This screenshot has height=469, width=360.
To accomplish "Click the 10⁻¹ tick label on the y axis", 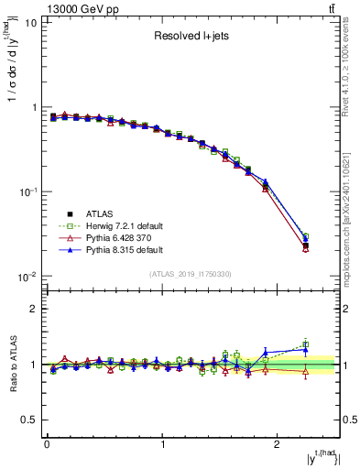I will [27, 191].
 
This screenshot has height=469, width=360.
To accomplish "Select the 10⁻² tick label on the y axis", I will [27, 277].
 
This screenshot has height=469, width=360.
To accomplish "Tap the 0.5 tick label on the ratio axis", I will [29, 420].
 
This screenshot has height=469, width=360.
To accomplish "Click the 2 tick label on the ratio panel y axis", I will [34, 309].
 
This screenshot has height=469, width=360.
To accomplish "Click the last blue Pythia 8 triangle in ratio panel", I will [306, 349].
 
